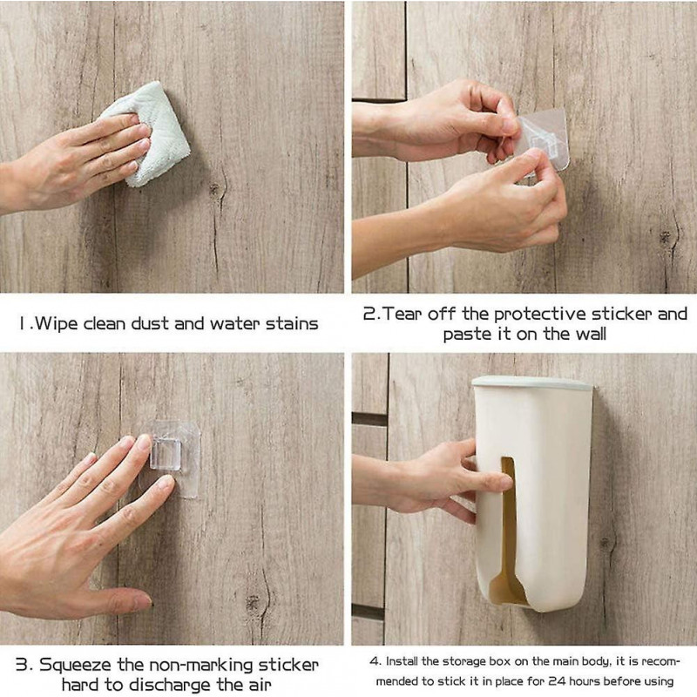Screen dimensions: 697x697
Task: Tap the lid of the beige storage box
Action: (532, 382)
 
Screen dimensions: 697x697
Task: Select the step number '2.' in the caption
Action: (370, 314)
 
